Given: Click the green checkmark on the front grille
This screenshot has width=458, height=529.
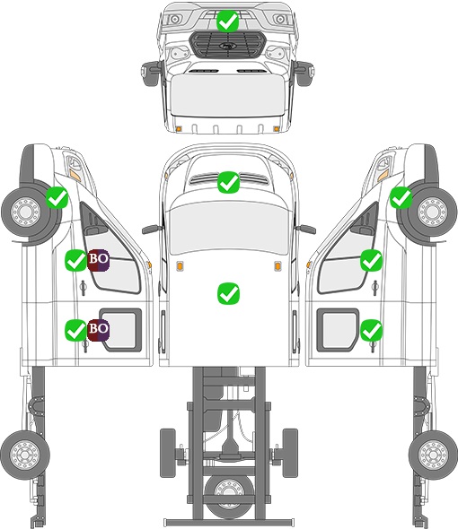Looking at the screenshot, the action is coord(228,22).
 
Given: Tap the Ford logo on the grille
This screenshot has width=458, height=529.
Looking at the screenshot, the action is coord(226,46).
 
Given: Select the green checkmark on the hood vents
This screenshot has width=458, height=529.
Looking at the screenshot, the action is coord(229,182).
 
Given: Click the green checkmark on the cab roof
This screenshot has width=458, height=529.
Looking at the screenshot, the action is coord(229,293).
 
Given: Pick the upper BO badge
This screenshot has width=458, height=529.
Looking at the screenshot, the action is coord(98,260).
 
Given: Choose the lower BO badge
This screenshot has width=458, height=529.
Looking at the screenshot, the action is coord(98,330).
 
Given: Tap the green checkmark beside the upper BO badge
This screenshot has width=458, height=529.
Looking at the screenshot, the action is coord(75,260).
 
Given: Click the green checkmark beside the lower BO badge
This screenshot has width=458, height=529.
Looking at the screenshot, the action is coord(75,330).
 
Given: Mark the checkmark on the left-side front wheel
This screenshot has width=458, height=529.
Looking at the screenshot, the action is coord(57,197).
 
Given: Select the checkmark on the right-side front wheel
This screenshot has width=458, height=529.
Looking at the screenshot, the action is coord(401,197).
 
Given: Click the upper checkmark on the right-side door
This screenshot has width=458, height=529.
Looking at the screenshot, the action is coord(371,260).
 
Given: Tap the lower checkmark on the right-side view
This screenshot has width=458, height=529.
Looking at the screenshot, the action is coord(371,330).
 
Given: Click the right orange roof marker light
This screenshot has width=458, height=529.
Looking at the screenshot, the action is coord(277,266).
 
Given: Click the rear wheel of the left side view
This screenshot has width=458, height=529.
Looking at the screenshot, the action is coord(25,455).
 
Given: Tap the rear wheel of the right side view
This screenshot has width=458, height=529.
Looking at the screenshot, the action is coord(433,455).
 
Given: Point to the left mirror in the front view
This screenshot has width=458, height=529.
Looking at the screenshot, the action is coord(150,73).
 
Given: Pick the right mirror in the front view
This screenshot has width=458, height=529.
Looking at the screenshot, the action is coord(304,73).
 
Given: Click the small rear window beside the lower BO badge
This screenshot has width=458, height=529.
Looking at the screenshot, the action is coord(121,330).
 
